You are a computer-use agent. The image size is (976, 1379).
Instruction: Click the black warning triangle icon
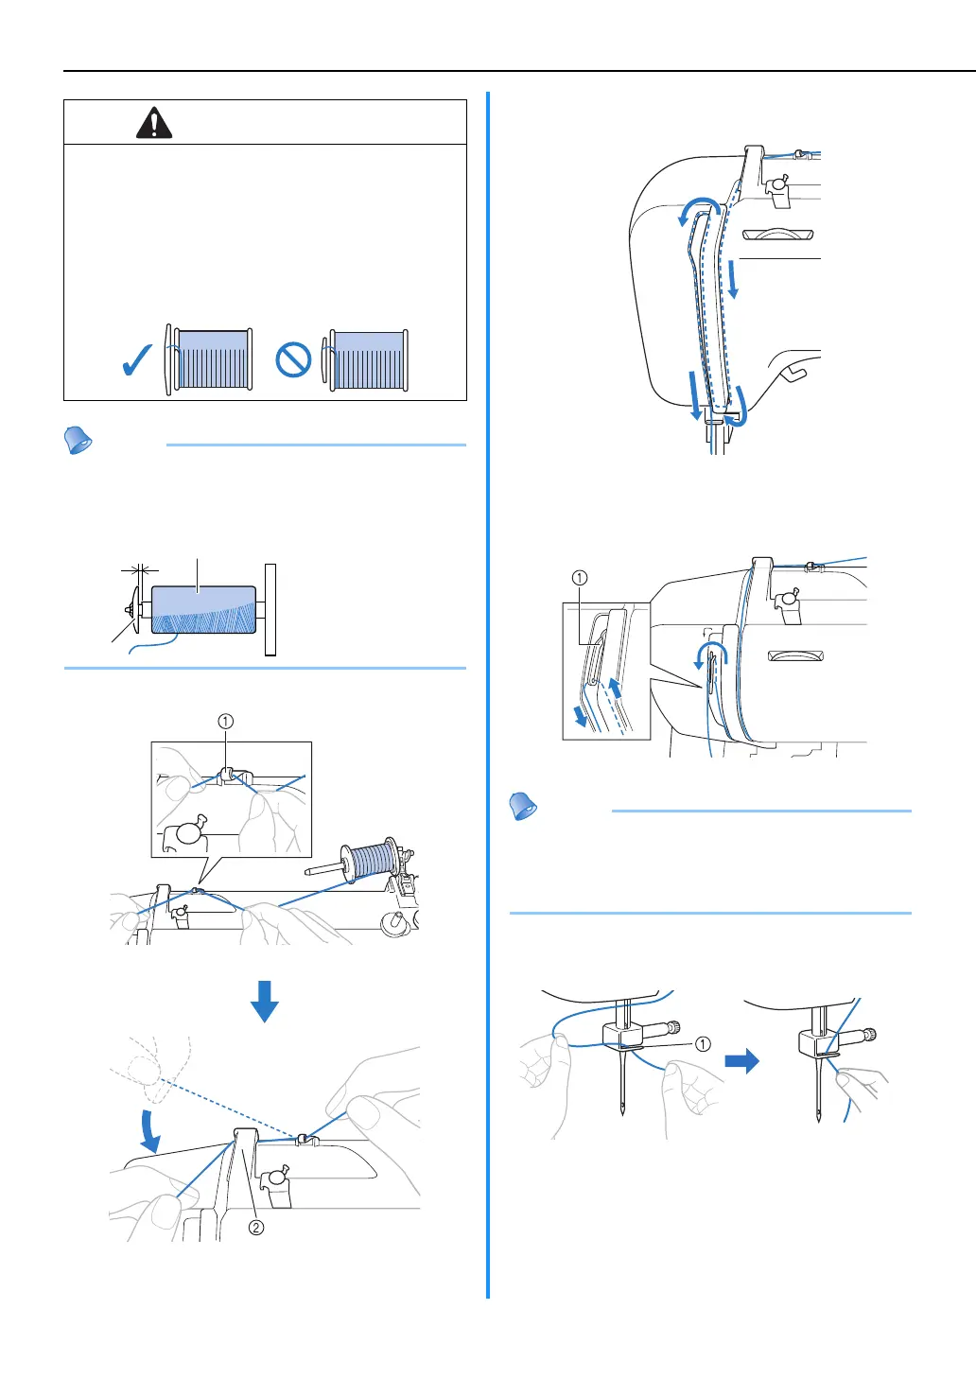pyautogui.click(x=154, y=123)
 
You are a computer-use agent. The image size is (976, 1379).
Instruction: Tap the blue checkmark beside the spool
pyautogui.click(x=137, y=360)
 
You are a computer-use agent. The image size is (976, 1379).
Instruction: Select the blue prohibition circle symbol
pyautogui.click(x=293, y=360)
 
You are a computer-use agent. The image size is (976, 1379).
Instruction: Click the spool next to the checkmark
pyautogui.click(x=209, y=359)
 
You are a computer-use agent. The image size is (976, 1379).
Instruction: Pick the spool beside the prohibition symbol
pyautogui.click(x=366, y=360)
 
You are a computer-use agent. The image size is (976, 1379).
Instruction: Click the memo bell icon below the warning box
pyautogui.click(x=78, y=441)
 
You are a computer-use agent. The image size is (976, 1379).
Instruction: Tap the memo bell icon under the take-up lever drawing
pyautogui.click(x=523, y=807)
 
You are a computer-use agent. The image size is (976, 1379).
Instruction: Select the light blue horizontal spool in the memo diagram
pyautogui.click(x=203, y=609)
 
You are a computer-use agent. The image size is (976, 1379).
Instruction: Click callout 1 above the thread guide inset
pyautogui.click(x=225, y=722)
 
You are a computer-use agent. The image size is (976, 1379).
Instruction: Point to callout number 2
pyautogui.click(x=255, y=1228)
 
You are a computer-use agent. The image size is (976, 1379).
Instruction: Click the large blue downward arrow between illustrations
pyautogui.click(x=264, y=1001)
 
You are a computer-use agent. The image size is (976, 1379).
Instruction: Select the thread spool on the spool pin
pyautogui.click(x=370, y=862)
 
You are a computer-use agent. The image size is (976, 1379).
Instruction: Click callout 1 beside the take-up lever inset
pyautogui.click(x=580, y=578)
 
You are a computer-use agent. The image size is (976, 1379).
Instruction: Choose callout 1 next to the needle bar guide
pyautogui.click(x=703, y=1044)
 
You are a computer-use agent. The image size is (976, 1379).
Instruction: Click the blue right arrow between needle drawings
pyautogui.click(x=741, y=1060)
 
